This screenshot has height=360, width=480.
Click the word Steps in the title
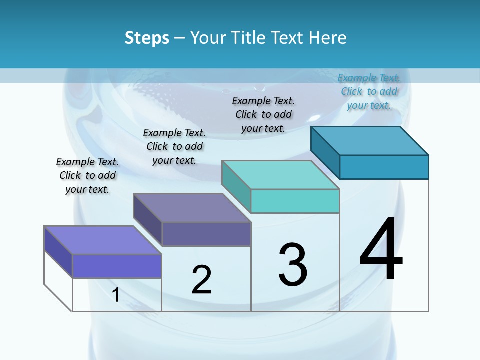pos(147,38)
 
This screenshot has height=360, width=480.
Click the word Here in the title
pos(328,38)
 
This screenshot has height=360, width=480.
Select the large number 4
pos(381,250)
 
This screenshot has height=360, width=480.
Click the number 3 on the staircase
pos(293,265)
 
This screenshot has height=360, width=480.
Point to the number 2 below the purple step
pos(202,280)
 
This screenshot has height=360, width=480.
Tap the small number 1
pos(116,295)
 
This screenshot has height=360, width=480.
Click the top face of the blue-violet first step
pos(103,240)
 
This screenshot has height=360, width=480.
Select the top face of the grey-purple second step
pos(192,208)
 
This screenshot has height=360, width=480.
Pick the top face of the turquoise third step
pos(280,175)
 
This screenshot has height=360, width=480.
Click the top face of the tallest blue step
pos(369,141)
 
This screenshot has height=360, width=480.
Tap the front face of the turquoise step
pos(295,201)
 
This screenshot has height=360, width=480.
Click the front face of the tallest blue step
pos(384,167)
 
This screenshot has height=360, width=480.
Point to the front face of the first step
pos(117,266)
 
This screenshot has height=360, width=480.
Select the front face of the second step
pos(206,234)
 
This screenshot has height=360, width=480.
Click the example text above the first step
pos(87,176)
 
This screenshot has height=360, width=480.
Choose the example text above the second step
pos(174,146)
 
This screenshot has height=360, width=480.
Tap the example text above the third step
pos(263,114)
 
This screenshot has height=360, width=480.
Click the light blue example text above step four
pos(369,91)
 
